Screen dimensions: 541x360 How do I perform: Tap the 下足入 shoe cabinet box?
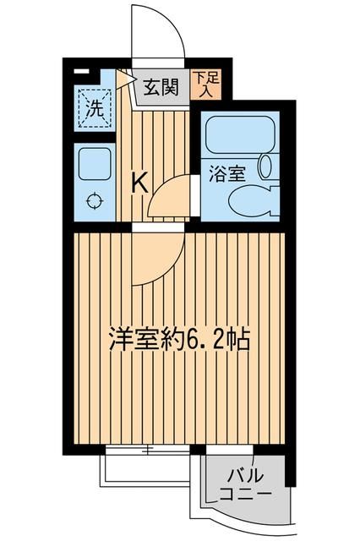(x=200, y=85)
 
